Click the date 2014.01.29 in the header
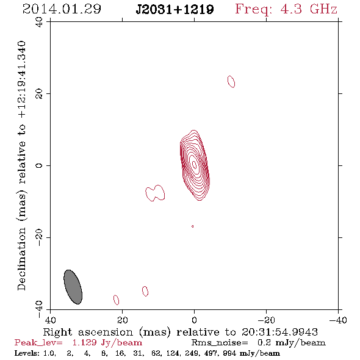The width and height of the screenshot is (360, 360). coord(62,9)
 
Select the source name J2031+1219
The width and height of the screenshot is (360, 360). coord(175,10)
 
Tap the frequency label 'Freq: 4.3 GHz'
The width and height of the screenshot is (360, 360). coord(286,9)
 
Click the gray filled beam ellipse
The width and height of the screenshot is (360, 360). coord(73,287)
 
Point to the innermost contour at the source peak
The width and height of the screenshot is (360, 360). coord(194,164)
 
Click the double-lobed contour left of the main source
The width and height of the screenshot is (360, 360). coord(155,193)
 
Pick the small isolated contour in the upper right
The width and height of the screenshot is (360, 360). coord(231,82)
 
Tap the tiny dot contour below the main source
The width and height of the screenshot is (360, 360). coord(193,226)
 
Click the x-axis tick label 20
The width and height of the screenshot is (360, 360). coord(123,320)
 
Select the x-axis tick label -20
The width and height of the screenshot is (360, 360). coord(266,320)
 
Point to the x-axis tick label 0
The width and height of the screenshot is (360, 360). coord(194,320)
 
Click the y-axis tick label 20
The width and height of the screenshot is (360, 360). coord(39,94)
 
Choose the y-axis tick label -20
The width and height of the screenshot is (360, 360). coord(39,237)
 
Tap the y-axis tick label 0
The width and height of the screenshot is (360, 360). coord(39,165)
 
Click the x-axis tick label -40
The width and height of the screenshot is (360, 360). coord(338,320)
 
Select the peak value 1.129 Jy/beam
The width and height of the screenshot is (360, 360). coord(107,343)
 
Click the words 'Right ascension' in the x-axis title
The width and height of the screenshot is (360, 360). coord(88,332)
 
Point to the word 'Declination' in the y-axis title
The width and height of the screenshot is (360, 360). coord(21,259)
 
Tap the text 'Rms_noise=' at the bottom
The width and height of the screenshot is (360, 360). coord(220,343)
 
